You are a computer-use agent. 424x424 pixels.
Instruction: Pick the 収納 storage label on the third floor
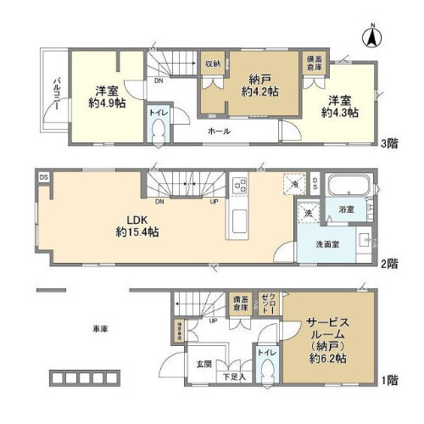[212, 64]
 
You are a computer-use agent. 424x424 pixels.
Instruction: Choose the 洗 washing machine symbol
[310, 214]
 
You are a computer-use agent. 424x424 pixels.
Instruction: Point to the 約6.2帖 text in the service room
[326, 357]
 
